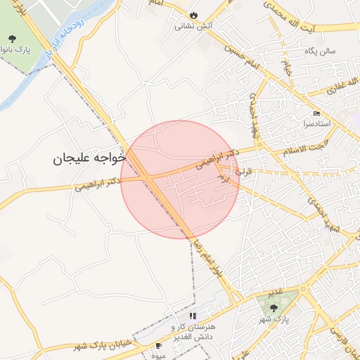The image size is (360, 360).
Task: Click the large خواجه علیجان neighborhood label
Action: point(87,160)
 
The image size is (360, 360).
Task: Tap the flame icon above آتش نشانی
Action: point(193,15)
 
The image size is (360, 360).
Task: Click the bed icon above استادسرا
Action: point(316,113)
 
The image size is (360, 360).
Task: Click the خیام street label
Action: point(287,68)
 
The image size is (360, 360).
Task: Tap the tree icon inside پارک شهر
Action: point(274,307)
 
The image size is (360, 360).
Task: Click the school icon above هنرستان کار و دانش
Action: point(193,316)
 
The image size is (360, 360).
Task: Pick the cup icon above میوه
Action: point(158,346)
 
